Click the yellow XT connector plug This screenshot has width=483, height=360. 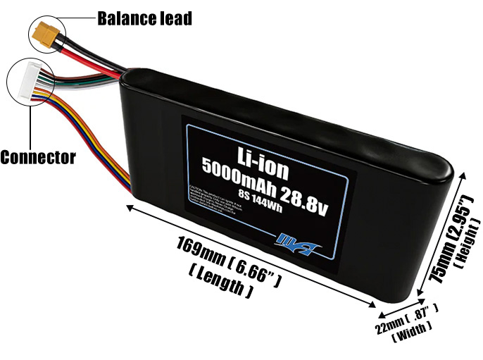[44, 32]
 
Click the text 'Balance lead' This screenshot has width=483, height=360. [144, 18]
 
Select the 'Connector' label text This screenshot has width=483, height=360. [37, 156]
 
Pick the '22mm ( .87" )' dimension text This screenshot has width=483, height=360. [407, 320]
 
